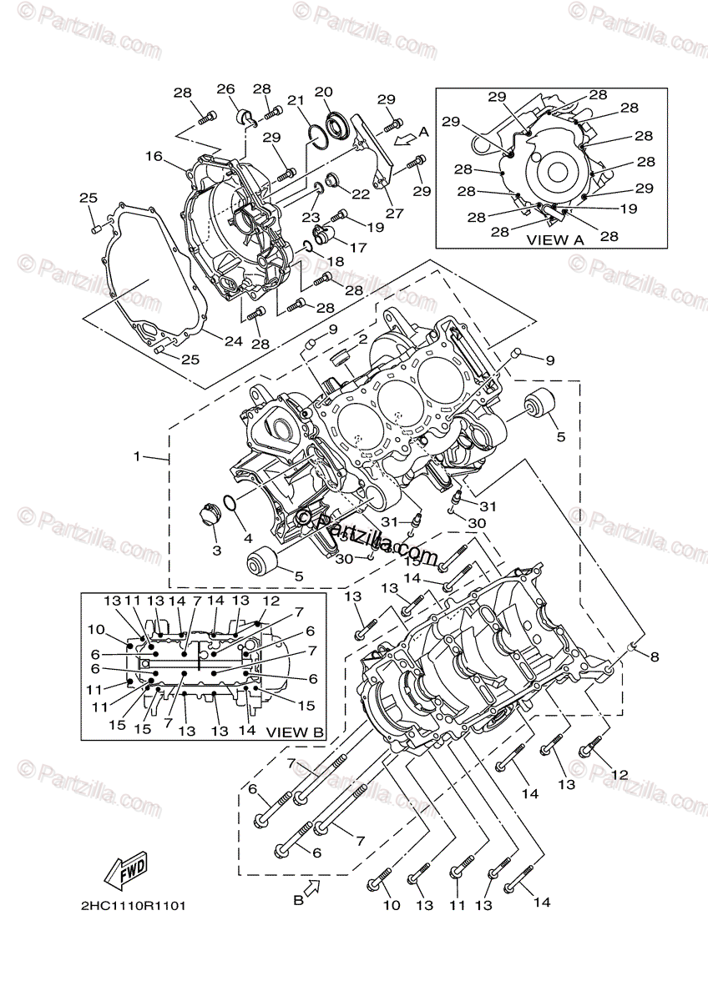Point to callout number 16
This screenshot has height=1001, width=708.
(x=153, y=156)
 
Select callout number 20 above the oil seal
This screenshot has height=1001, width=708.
(x=323, y=92)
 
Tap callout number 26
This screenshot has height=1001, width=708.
(x=226, y=89)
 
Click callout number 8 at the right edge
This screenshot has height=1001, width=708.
(x=654, y=656)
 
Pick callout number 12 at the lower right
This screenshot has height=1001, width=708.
(x=619, y=774)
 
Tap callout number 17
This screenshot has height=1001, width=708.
(x=357, y=247)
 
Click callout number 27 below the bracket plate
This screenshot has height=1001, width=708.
(x=394, y=213)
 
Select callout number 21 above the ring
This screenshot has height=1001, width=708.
(x=295, y=100)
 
